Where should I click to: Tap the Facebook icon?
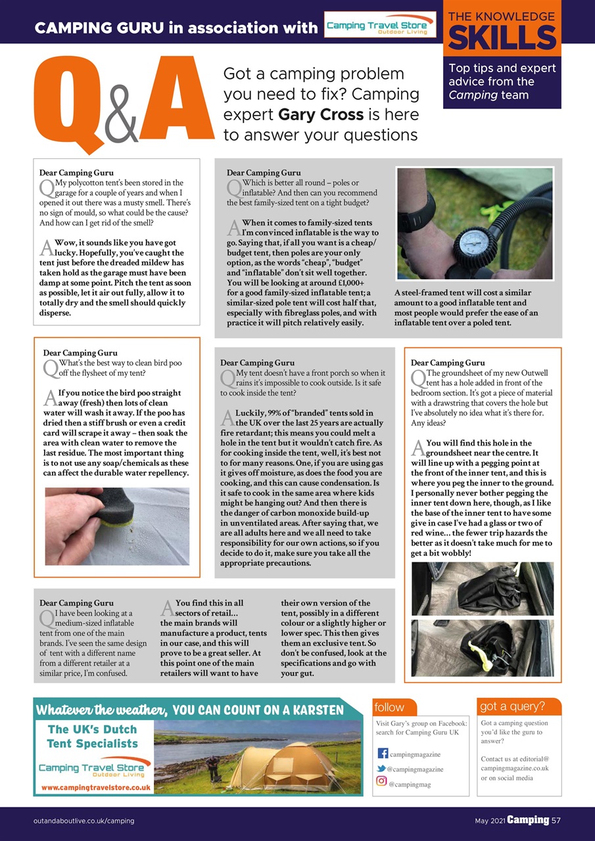coord(382,754)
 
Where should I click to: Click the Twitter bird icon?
coord(381,768)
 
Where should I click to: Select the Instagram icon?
coord(381,781)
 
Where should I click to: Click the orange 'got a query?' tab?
coord(513,706)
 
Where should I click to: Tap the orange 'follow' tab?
coord(389,708)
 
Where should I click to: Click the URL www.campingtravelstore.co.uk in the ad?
coord(96,786)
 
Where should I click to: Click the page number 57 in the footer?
coord(556,820)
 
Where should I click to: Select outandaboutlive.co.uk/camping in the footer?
coord(83,821)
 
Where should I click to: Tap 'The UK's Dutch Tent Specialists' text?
coord(93,737)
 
